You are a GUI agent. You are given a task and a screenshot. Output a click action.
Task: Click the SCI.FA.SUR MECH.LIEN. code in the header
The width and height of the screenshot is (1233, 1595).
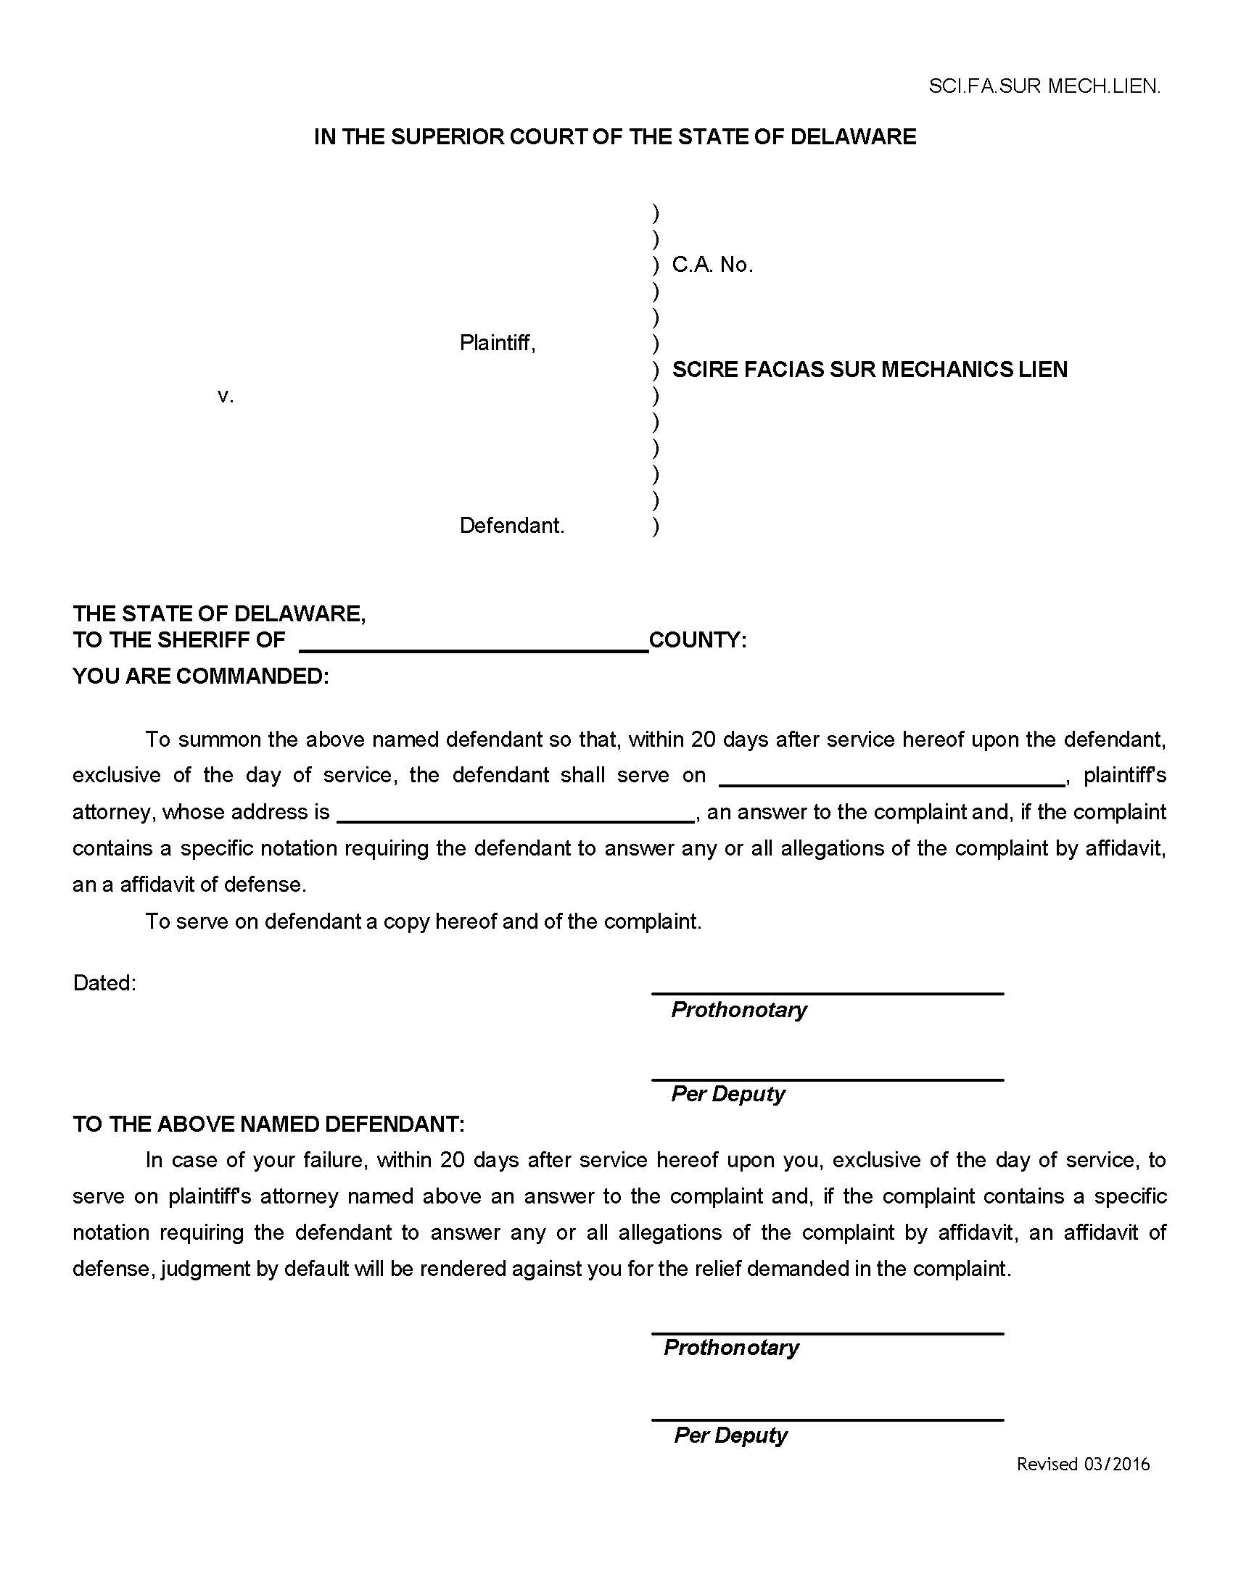1044,86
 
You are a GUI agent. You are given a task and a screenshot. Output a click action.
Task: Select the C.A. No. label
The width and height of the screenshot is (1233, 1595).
712,265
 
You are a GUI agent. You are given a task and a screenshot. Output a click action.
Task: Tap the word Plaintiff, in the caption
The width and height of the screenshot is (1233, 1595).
498,342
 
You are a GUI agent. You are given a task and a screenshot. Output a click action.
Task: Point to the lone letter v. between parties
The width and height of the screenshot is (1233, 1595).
226,397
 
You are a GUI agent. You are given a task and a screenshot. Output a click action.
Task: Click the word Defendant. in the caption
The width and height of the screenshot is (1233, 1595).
511,526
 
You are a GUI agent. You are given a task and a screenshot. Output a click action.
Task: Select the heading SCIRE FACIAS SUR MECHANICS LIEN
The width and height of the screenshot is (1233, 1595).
869,370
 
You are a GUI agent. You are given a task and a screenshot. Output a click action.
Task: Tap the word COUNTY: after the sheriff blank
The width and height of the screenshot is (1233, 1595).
698,640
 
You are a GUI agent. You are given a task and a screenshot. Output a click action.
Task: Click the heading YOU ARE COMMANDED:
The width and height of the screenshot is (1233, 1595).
201,676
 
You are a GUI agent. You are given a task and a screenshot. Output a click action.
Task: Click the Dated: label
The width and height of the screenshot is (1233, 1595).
104,983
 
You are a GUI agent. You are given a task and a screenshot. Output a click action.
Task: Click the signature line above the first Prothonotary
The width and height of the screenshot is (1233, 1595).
827,993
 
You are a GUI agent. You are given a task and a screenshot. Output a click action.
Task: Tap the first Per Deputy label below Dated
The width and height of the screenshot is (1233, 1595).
727,1094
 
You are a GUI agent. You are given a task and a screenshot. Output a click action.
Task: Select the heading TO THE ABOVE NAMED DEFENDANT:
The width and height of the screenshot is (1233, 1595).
268,1124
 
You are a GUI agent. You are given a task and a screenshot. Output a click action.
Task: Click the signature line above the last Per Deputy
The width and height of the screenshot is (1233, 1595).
827,1420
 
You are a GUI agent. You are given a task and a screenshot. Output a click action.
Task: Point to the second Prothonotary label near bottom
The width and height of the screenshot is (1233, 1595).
730,1348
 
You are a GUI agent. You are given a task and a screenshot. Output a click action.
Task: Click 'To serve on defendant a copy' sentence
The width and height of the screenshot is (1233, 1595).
423,921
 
